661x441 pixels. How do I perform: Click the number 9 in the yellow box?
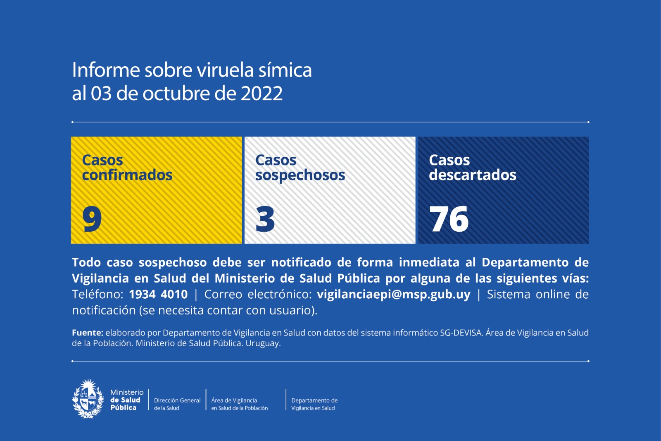tap(92, 219)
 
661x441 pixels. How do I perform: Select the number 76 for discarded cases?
tap(449, 219)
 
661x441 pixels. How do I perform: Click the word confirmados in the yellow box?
tap(127, 175)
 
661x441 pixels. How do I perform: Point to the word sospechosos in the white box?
tap(300, 175)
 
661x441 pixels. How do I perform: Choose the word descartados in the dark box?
tap(473, 175)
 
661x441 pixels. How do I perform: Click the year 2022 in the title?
tap(262, 93)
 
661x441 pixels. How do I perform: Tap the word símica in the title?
tap(285, 70)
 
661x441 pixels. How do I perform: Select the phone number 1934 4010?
tap(158, 294)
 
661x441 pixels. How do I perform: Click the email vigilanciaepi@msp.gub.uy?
tap(394, 294)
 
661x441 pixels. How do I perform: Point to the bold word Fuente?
tap(88, 333)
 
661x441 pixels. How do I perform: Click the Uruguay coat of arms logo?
tap(88, 399)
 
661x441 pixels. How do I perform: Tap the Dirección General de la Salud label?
tap(177, 404)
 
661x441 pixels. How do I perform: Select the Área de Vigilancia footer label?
tap(240, 404)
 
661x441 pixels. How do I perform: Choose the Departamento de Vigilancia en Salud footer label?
tap(314, 404)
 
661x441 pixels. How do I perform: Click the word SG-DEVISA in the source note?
tap(461, 333)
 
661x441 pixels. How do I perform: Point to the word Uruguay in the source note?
tap(263, 343)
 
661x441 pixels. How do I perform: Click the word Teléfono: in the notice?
tap(97, 294)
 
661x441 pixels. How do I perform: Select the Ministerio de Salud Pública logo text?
tap(126, 400)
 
